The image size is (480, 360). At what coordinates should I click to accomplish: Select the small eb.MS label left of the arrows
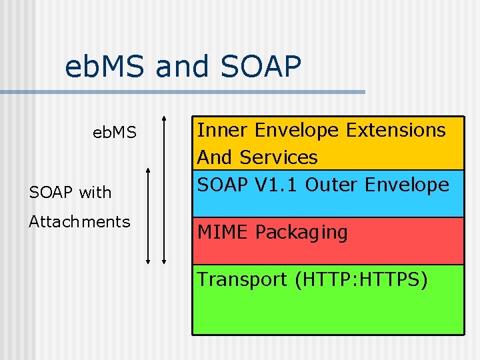point(115,133)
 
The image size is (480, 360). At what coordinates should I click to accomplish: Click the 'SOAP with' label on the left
point(70,193)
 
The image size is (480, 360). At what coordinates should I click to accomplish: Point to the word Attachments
point(79,221)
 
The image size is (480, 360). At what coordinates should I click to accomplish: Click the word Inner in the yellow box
point(222,129)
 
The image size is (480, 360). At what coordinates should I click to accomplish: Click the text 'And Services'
point(257,157)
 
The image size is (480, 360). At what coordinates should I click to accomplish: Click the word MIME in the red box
point(223,233)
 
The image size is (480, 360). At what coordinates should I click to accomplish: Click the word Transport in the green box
point(242,279)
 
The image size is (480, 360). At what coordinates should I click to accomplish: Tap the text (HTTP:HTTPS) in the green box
point(361,279)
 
